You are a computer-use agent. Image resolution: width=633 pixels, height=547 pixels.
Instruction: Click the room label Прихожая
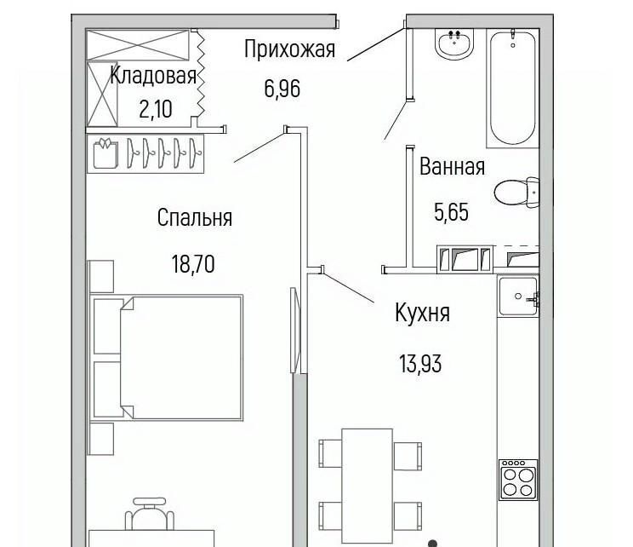[x=290, y=50]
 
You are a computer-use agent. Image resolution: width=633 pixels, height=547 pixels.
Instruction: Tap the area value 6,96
[x=282, y=89]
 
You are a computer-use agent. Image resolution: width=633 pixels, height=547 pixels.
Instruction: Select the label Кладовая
[x=153, y=76]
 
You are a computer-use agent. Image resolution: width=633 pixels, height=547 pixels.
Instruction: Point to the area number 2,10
[x=156, y=109]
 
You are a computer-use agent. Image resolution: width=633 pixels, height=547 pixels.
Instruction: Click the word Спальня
[x=195, y=218]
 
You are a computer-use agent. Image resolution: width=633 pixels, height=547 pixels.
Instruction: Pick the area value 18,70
[x=193, y=264]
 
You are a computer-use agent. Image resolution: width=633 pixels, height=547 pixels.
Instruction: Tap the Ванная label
[x=452, y=166]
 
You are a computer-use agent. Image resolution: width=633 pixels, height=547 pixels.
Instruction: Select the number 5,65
[x=451, y=212]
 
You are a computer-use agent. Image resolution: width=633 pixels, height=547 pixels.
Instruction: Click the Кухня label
[x=422, y=313]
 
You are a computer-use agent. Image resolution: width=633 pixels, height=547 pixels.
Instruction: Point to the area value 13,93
[x=420, y=364]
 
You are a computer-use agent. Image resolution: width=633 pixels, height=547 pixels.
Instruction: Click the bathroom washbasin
[x=454, y=44]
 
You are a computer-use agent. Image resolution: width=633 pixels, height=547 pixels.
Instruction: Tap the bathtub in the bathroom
[x=513, y=87]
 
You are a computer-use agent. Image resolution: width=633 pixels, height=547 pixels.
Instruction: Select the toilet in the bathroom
[x=517, y=193]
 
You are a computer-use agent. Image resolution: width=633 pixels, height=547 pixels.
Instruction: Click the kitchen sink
[x=518, y=297]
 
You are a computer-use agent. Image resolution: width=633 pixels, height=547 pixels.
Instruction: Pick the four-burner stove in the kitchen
[x=518, y=480]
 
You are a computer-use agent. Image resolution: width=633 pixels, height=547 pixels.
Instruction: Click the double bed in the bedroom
[x=167, y=358]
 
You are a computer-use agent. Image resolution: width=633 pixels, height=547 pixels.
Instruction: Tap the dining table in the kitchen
[x=367, y=486]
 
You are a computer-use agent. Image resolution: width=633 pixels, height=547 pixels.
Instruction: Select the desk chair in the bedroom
[x=150, y=514]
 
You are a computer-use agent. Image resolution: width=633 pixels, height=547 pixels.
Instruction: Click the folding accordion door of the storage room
[x=200, y=78]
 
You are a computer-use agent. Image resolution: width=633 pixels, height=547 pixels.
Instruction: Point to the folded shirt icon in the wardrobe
[x=105, y=153]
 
